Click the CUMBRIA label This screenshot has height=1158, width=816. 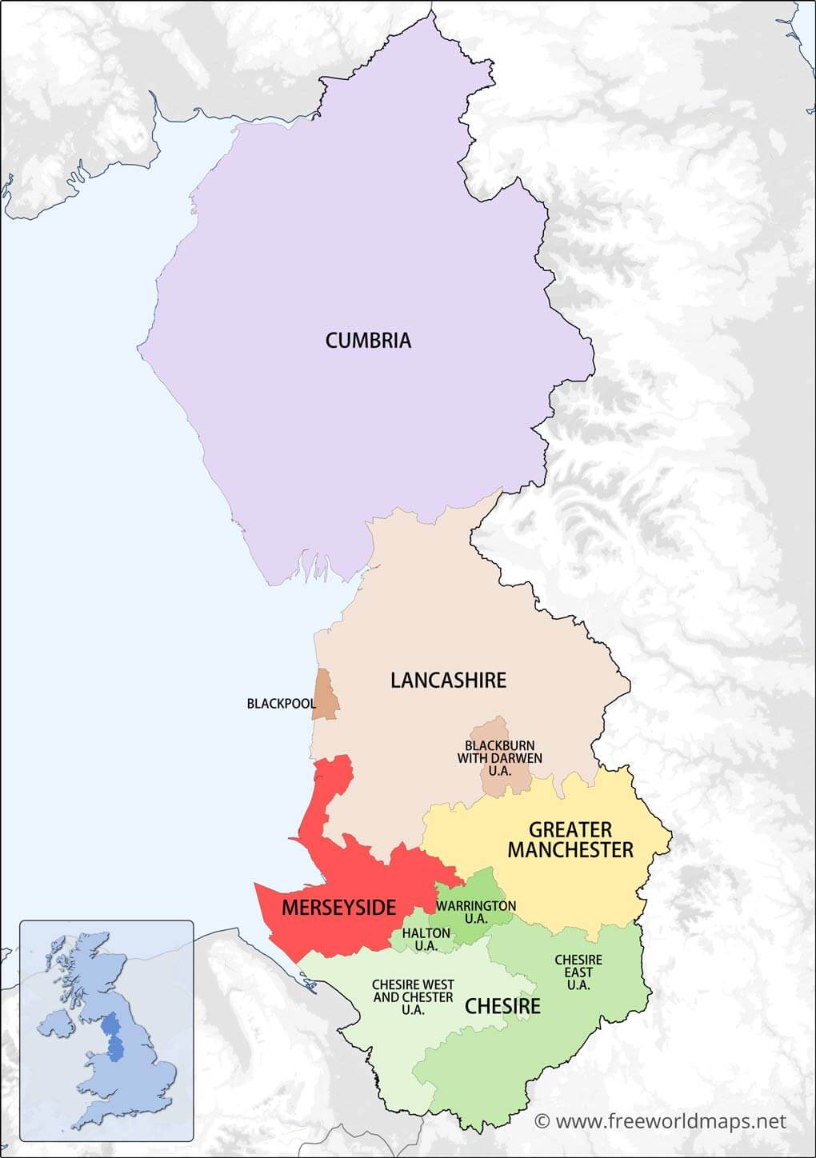[368, 341]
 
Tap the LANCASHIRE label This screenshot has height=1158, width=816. [448, 681]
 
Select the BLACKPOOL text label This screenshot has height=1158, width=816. [281, 704]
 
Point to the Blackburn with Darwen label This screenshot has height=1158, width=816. [500, 758]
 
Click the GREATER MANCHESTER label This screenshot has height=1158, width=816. [570, 840]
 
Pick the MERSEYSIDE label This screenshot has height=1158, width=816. [338, 908]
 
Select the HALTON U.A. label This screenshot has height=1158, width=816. [426, 940]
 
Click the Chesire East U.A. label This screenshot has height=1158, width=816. [578, 972]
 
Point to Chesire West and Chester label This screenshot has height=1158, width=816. [413, 997]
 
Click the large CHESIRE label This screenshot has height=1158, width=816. [502, 1006]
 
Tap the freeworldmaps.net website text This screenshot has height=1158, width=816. [670, 1122]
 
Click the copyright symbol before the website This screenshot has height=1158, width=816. [542, 1122]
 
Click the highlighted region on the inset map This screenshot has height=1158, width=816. [113, 1036]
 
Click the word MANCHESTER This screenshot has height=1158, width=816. [570, 850]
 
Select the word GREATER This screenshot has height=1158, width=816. [570, 829]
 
